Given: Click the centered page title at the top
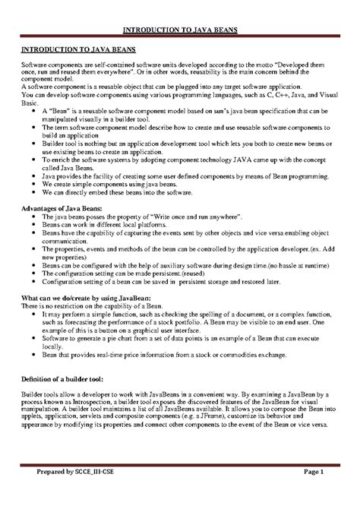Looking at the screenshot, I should [x=180, y=30].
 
